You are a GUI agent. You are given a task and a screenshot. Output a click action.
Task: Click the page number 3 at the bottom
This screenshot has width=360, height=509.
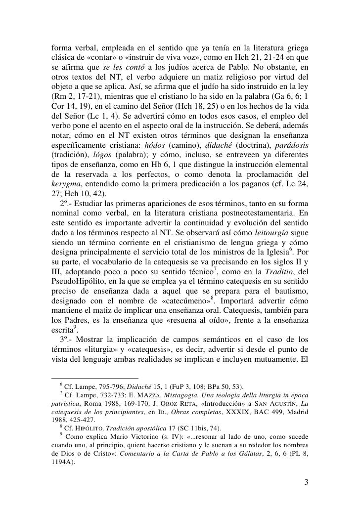[306, 482]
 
